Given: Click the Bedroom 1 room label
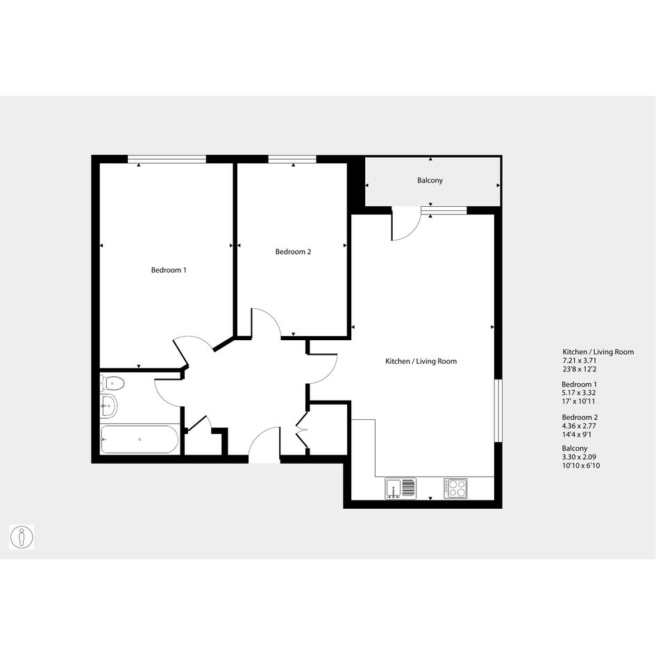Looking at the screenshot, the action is [169, 270].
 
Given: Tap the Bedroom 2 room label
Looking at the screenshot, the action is [293, 252].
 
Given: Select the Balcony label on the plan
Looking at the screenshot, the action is [430, 180].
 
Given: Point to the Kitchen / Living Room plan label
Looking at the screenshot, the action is [421, 361].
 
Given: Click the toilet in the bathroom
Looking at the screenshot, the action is [112, 382].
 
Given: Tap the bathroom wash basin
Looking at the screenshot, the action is [109, 405].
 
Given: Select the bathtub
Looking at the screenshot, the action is [140, 439].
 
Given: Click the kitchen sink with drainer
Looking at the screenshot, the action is [401, 488].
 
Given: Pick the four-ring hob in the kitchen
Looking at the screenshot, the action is [455, 488].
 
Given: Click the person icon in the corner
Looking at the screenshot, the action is [22, 537].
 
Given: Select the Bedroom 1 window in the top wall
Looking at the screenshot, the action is [167, 159].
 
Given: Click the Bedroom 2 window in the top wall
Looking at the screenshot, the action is [292, 159].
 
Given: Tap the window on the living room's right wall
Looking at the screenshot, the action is [498, 410].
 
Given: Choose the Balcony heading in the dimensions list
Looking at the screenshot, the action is [574, 448].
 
